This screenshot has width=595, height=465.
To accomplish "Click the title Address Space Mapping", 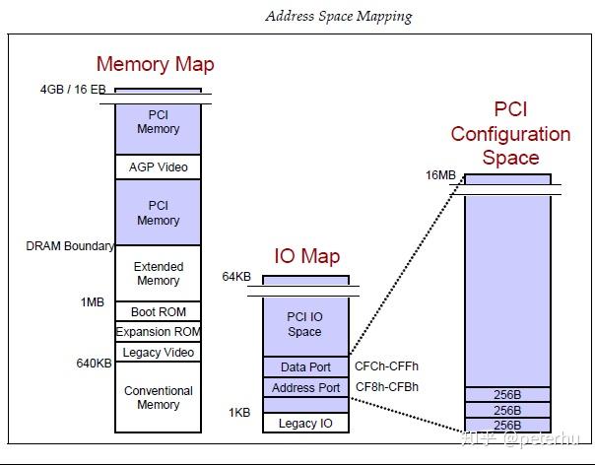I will (x=338, y=16).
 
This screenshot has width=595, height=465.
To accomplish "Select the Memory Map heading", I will (x=155, y=65).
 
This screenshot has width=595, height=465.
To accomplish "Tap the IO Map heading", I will (x=306, y=257).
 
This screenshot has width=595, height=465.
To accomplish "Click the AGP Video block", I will (x=158, y=167).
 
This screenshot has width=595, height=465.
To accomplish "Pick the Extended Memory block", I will (x=158, y=273).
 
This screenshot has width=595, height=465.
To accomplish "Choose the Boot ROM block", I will (x=158, y=312).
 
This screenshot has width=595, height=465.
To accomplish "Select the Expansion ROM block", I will (x=158, y=332).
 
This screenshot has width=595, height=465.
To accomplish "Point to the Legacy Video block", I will (x=158, y=353).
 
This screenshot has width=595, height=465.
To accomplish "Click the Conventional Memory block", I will (x=158, y=397).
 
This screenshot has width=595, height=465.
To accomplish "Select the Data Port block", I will (x=304, y=366).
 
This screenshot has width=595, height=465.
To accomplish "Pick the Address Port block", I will (x=304, y=387).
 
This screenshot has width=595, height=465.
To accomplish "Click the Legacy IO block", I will (x=304, y=424).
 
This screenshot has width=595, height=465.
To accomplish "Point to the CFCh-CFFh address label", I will (x=386, y=366).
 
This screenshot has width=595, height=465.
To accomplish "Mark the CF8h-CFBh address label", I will (x=386, y=387).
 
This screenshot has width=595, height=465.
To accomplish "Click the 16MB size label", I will (x=440, y=175).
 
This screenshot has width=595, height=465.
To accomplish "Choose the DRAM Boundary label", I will (x=70, y=246).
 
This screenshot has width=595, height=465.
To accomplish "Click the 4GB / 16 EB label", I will (x=72, y=90).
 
